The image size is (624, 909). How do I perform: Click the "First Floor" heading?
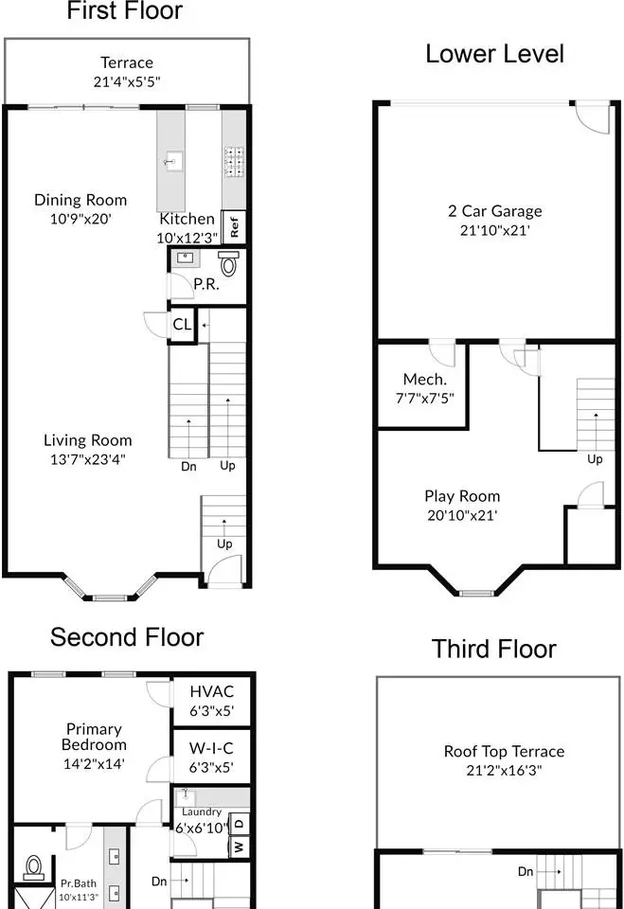[125, 10]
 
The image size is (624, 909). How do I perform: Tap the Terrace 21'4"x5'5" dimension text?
[127, 81]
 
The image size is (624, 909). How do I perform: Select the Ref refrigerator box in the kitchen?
[234, 226]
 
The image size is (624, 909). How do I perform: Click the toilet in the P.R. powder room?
[228, 264]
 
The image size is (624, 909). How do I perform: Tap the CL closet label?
[182, 324]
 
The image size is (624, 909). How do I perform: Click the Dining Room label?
[80, 200]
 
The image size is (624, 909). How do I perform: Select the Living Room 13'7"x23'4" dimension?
[87, 460]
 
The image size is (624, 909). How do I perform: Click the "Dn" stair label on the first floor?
[188, 467]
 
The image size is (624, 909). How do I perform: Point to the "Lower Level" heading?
[494, 54]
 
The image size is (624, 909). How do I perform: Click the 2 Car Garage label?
[494, 211]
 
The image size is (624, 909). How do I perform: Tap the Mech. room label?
[425, 380]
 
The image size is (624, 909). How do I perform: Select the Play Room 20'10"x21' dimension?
[462, 515]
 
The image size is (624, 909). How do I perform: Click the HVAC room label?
[212, 691]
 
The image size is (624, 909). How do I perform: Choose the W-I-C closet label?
[211, 748]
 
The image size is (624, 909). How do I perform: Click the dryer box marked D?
[240, 823]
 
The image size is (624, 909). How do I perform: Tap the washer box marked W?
[240, 847]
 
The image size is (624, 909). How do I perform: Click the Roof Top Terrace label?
[504, 752]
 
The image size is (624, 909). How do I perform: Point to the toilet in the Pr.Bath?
[34, 868]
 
